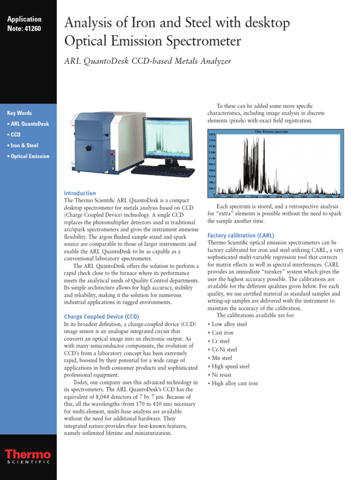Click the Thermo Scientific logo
point(28,457)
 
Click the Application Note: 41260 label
point(24,23)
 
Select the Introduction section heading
point(80,193)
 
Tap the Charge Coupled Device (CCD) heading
point(101,317)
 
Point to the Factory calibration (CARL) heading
point(240,235)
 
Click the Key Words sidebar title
point(20,113)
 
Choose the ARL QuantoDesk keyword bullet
point(28,124)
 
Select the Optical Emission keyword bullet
point(28,156)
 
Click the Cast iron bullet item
point(222,333)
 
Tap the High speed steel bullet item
point(230,367)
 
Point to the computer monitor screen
point(167,138)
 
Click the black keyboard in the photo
point(163,171)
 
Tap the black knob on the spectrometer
point(88,148)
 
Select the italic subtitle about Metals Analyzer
point(147,61)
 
